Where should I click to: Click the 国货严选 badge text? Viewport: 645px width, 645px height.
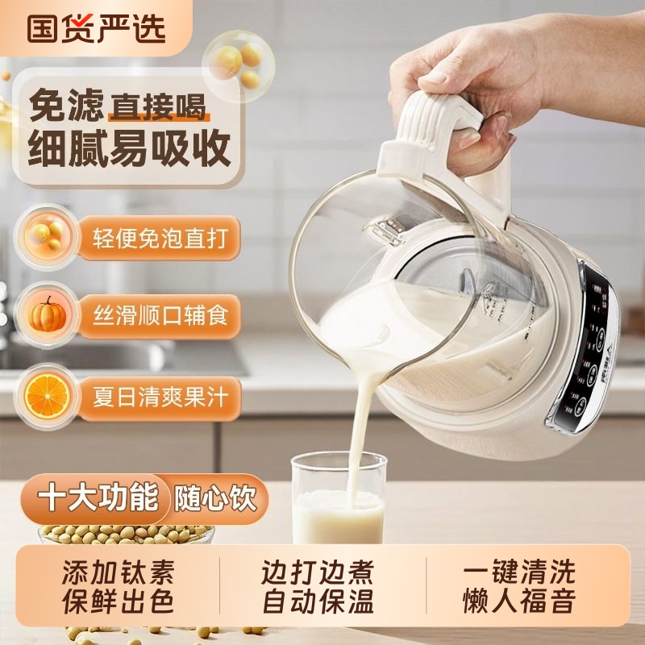click(x=96, y=27)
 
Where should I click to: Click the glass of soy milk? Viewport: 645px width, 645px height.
click(x=337, y=500)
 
